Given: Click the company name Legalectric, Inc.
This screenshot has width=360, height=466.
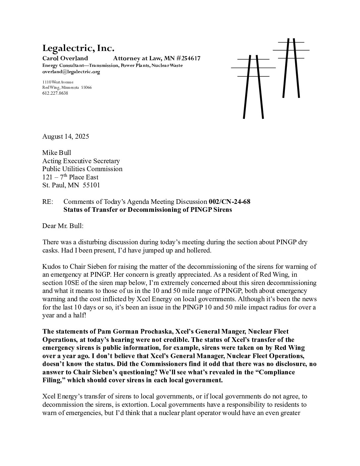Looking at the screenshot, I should click(78, 49).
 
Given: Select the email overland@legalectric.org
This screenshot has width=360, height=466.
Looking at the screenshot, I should click(71, 71).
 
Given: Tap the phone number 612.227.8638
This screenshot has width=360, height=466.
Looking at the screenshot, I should click(55, 93).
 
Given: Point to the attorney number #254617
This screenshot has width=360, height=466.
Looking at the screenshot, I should click(186, 59).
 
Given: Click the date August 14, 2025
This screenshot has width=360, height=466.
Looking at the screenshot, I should click(66, 136).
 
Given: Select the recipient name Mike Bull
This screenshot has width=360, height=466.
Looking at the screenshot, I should click(57, 153).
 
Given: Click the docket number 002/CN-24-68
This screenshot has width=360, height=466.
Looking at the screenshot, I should click(230, 202).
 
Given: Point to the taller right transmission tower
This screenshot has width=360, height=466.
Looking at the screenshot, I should click(291, 68).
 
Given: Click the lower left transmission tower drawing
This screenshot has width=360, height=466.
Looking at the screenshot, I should click(253, 86).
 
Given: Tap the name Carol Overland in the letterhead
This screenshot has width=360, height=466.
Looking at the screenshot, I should click(65, 59).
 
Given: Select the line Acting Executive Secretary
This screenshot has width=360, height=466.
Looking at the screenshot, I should click(81, 161).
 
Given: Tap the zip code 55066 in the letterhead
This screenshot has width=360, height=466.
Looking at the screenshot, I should click(86, 88).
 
